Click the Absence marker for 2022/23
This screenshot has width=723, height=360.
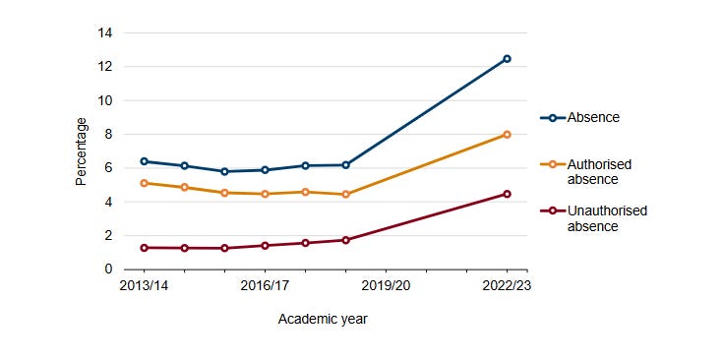[507, 59]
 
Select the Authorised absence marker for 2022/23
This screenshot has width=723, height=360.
[507, 135]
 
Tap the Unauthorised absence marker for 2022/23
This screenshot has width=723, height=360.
[507, 194]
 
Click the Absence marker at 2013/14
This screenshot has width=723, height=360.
[145, 161]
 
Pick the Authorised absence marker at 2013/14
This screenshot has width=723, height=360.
[145, 183]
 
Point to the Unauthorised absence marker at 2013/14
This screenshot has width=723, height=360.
[145, 248]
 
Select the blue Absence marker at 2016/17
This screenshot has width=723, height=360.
[265, 170]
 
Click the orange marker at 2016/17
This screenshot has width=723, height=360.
[265, 194]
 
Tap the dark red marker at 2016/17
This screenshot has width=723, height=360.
[265, 245]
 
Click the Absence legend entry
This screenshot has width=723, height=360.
[593, 118]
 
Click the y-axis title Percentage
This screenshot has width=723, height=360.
[82, 151]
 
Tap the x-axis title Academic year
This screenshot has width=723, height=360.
[323, 319]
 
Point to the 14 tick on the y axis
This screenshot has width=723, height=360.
[104, 33]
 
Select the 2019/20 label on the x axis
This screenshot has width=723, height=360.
[386, 285]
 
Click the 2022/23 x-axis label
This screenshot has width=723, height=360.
[507, 285]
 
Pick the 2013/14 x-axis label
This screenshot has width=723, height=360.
[145, 285]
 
